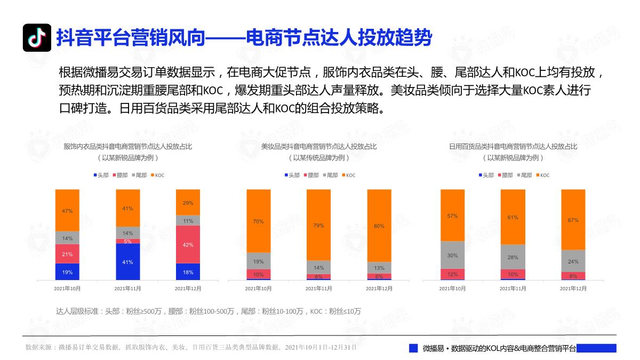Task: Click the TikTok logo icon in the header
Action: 36,38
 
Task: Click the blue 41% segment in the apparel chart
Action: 127,261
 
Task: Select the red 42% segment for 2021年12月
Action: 188,244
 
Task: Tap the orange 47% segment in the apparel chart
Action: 67,210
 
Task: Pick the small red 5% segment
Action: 127,241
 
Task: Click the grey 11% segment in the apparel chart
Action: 188,220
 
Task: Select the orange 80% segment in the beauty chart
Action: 379,226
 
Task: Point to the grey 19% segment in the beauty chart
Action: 258,261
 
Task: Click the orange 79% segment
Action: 318,225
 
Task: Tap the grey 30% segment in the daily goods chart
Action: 452,255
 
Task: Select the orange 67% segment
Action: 573,219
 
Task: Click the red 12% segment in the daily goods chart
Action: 452,274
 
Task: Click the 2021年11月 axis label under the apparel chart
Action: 127,288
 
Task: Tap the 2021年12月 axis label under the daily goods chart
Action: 573,288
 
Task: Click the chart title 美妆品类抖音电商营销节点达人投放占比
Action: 318,146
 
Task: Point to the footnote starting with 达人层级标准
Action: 208,311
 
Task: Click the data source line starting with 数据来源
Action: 190,347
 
